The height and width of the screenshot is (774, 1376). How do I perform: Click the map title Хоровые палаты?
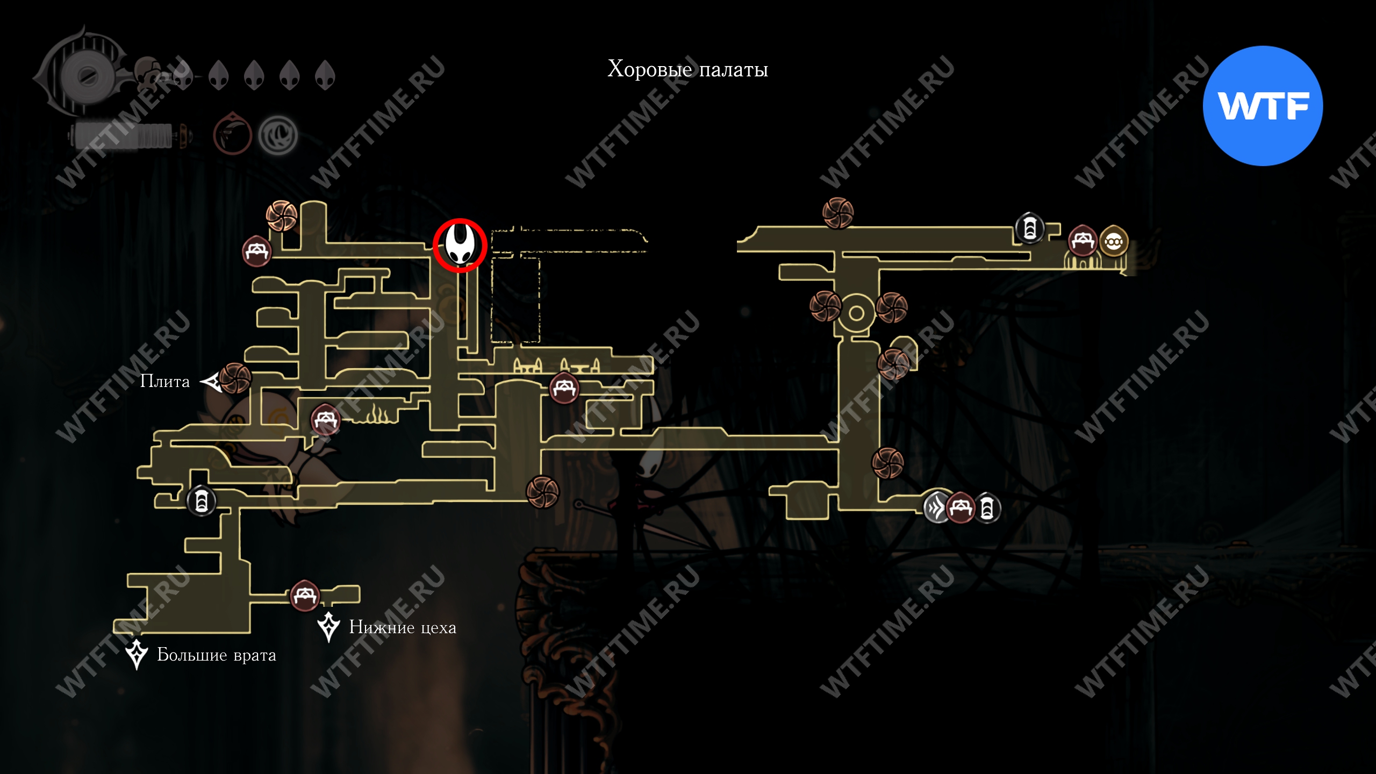point(687,69)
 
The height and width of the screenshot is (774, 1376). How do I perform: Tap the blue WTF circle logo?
point(1263,106)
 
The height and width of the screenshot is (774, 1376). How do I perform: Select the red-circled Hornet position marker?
point(460,245)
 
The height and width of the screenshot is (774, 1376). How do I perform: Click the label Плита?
point(164,381)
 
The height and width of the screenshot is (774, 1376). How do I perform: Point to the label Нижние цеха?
point(403,627)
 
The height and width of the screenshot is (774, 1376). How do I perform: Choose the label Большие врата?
point(216,655)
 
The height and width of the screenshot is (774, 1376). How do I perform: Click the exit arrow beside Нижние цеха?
point(328,627)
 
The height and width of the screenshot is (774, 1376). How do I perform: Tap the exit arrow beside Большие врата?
point(137,654)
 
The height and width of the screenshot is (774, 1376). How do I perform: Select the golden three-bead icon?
point(1113,242)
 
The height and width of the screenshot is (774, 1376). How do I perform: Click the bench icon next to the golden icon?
point(1082,241)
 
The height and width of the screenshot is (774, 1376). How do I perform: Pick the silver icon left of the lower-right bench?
point(935,507)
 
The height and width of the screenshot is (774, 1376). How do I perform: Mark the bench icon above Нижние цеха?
point(305,596)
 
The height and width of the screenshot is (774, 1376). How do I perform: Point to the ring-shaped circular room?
point(856,313)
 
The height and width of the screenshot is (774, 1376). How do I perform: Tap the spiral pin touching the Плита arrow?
point(235,378)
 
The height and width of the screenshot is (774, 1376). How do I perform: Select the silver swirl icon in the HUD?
point(277,135)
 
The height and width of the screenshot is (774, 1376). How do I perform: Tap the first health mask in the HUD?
point(183,75)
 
